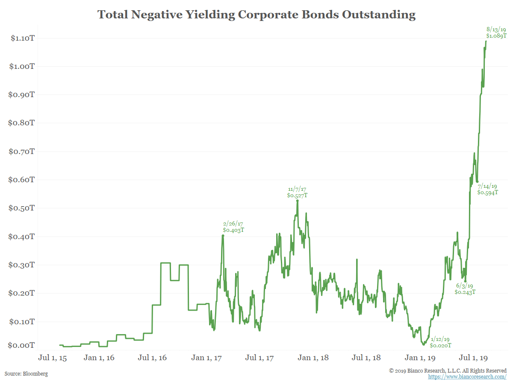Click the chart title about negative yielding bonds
(x=256, y=15)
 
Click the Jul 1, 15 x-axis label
(x=53, y=358)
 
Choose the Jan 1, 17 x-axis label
(x=206, y=358)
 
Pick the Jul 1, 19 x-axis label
(x=473, y=358)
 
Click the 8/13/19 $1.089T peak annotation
(x=496, y=33)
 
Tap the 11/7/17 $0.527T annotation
(x=297, y=192)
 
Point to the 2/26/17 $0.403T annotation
(x=233, y=227)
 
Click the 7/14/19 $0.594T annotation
(x=487, y=190)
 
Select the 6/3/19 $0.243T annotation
(x=465, y=289)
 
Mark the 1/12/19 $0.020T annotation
(x=440, y=342)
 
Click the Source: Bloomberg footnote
(x=26, y=374)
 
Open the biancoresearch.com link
(x=467, y=377)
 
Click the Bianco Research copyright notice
(x=448, y=370)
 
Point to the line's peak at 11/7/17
(x=297, y=201)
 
